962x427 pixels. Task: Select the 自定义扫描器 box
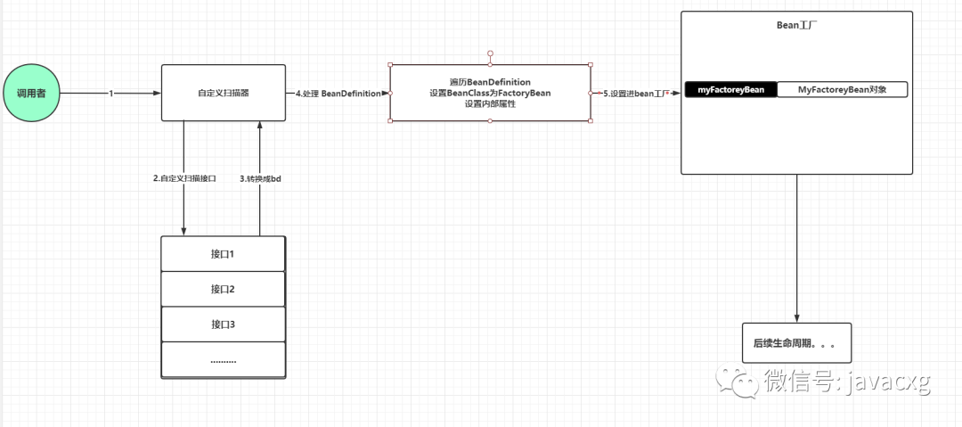coord(224,93)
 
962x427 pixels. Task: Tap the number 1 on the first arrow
coord(111,94)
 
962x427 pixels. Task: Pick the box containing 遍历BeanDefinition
coord(490,93)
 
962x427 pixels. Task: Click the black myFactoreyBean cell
coord(730,90)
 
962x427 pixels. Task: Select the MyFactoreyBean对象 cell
coord(843,90)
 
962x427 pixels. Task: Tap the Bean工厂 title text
coord(796,27)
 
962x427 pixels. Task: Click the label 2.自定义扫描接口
coord(184,178)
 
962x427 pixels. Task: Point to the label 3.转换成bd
coord(260,178)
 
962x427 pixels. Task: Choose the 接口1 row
coord(224,254)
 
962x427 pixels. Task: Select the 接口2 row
coord(224,289)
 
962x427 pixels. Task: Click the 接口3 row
coord(224,324)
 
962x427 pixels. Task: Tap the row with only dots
coord(224,359)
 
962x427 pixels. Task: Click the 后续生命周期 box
coord(797,343)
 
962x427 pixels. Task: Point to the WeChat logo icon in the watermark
coord(736,381)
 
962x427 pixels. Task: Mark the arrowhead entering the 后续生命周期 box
coord(797,318)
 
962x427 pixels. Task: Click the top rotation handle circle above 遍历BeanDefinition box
coord(490,54)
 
